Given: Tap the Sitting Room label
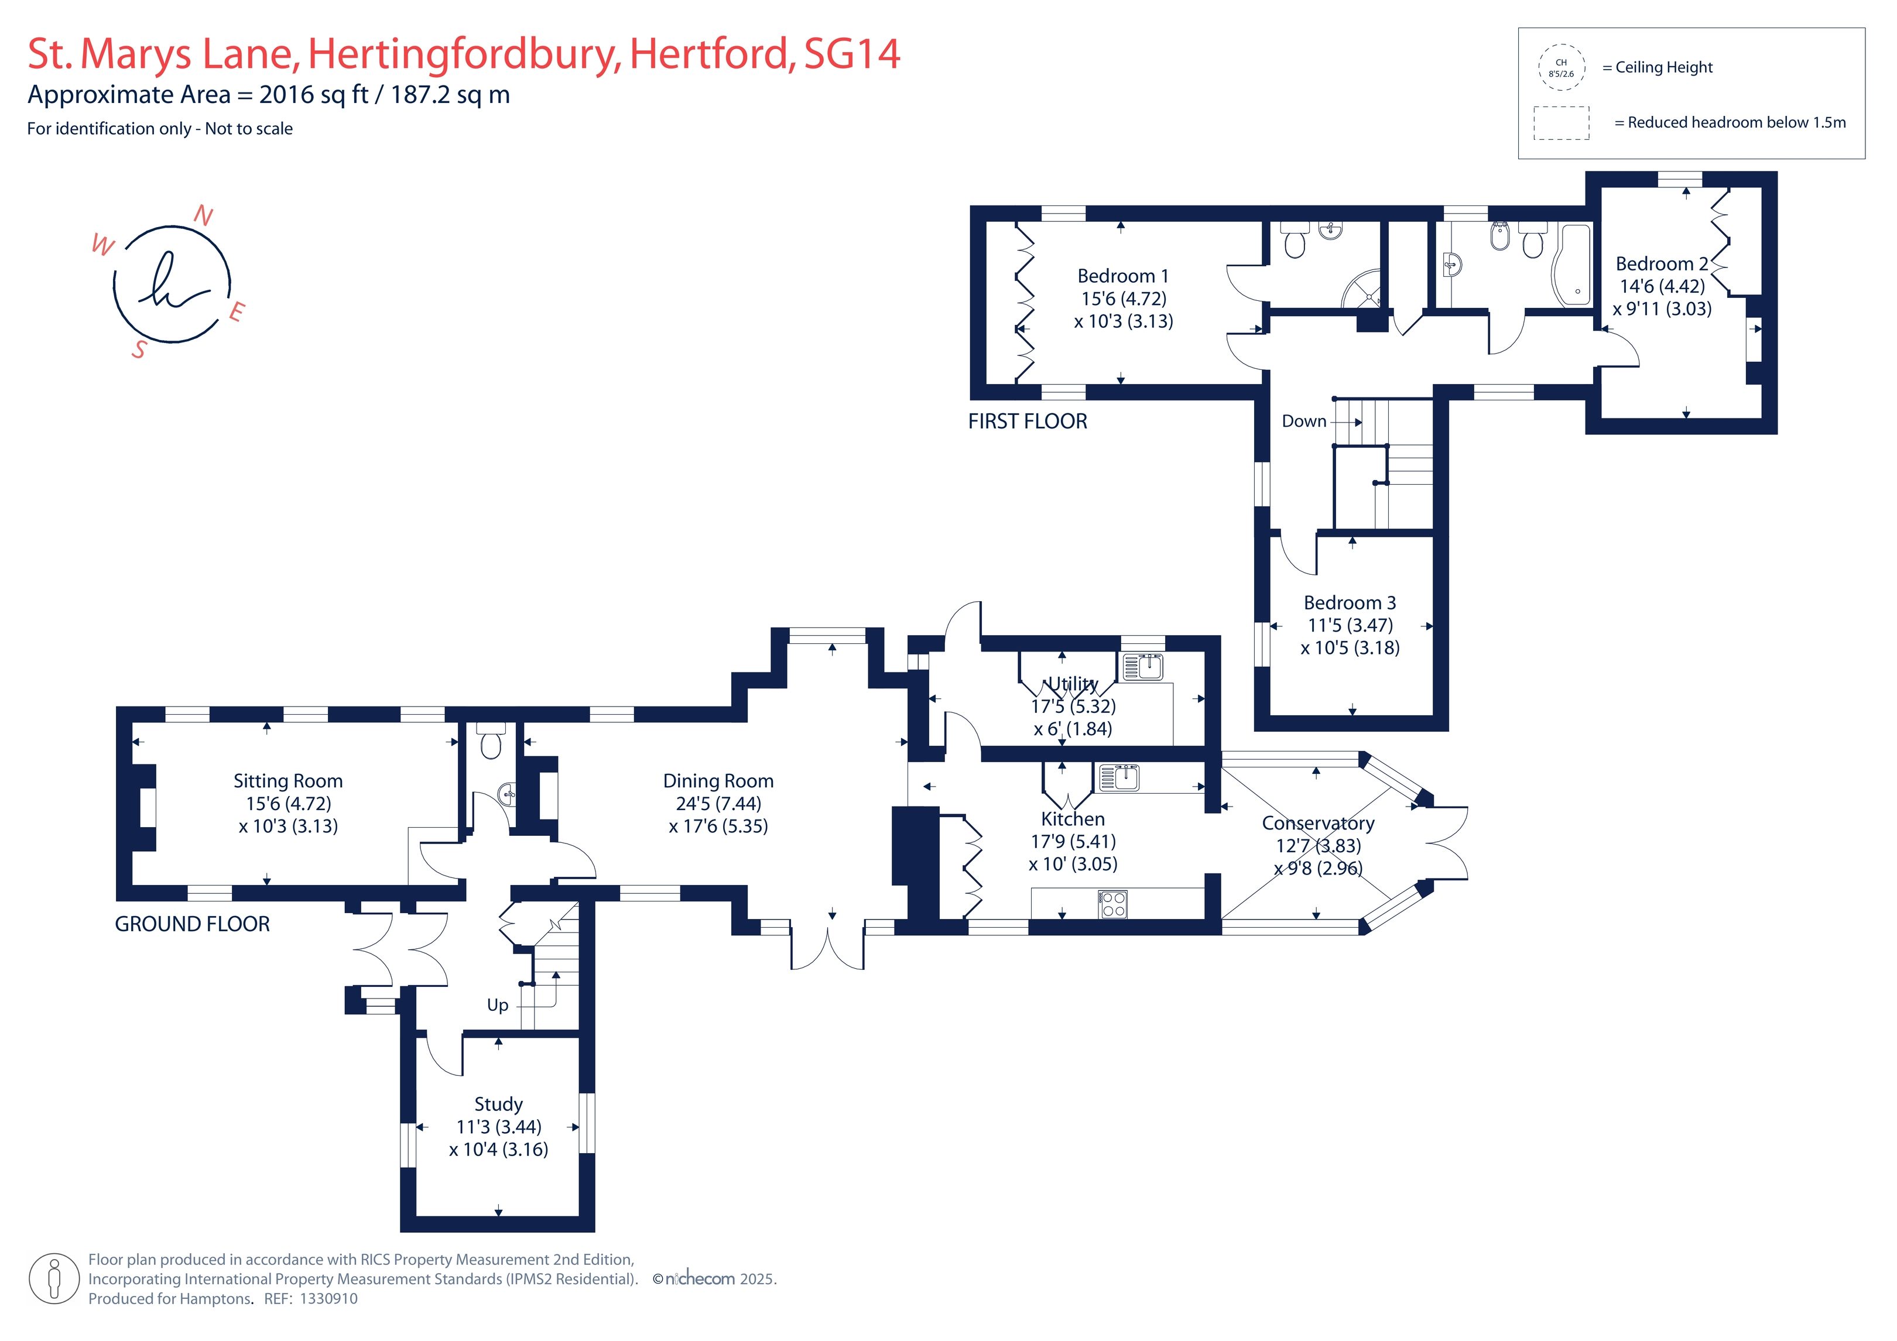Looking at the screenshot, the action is pyautogui.click(x=287, y=781).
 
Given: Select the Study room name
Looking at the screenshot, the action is pyautogui.click(x=498, y=1105).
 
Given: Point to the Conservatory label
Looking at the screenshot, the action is pyautogui.click(x=1318, y=823).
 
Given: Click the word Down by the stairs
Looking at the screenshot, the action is pyautogui.click(x=1304, y=421).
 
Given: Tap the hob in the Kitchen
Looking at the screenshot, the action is pyautogui.click(x=1113, y=904).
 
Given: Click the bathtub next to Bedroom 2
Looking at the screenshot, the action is pyautogui.click(x=1571, y=265).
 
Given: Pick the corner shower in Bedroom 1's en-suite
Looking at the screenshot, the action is pyautogui.click(x=1362, y=289).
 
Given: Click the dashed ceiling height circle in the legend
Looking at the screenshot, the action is pyautogui.click(x=1561, y=67).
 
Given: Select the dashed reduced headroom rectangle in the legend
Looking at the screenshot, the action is pyautogui.click(x=1562, y=123).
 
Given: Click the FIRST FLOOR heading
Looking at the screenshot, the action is pyautogui.click(x=1027, y=421).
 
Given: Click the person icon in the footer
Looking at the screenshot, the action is pyautogui.click(x=54, y=1278).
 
